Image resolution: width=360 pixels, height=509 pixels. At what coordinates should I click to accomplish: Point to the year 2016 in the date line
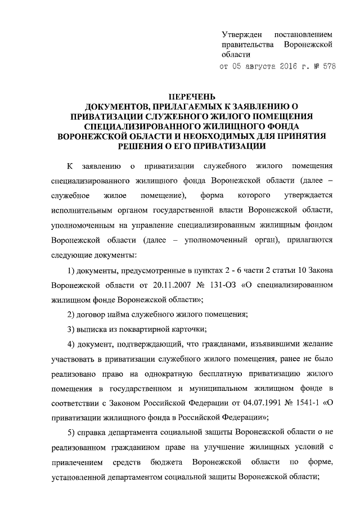tap(292, 66)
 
